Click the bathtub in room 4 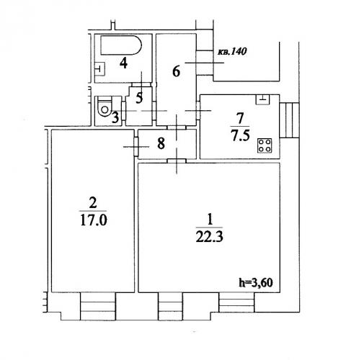(x=121, y=45)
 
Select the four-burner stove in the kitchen (x=265, y=145)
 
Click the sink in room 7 (x=263, y=99)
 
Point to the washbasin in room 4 (x=100, y=69)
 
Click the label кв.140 (x=232, y=52)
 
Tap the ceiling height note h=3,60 (x=256, y=282)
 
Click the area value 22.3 (x=210, y=237)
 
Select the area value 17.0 (x=93, y=220)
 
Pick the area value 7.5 (x=240, y=135)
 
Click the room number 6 (x=177, y=71)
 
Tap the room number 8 (x=161, y=143)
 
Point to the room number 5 (x=139, y=98)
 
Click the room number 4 (x=123, y=63)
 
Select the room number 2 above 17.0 (x=93, y=203)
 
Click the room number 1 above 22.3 (x=210, y=220)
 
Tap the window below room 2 (x=98, y=306)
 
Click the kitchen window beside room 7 (x=290, y=120)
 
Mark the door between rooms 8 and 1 (x=177, y=161)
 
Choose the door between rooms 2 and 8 (x=136, y=146)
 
